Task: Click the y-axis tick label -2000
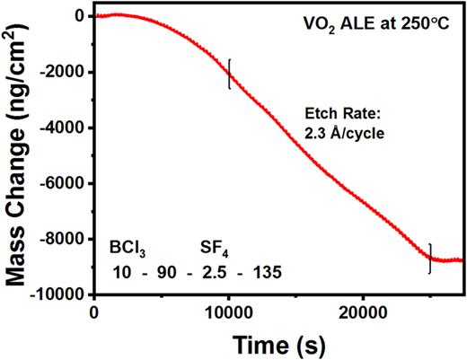[67, 73]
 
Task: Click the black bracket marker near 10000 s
[230, 74]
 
